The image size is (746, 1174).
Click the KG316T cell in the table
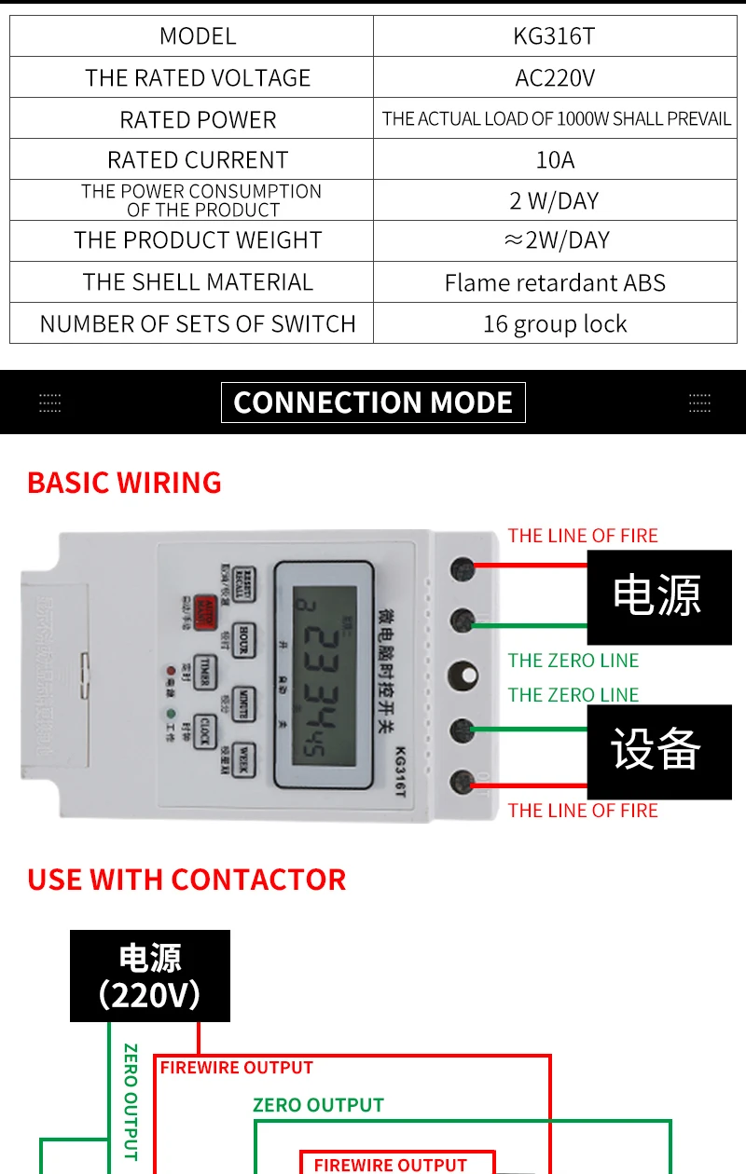point(555,36)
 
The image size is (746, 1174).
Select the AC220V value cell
point(555,77)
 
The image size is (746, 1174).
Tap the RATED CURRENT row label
point(198,159)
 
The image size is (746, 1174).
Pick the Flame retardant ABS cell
point(555,282)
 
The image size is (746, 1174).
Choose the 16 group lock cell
point(555,323)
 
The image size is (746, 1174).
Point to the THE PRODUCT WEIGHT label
point(198,240)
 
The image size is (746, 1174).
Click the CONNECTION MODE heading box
point(373,403)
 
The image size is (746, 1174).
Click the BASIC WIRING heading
point(124,483)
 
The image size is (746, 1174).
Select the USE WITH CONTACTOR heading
point(186,880)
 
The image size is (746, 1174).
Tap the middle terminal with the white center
point(463,675)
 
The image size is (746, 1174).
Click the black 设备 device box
point(658,751)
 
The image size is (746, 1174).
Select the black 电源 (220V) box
point(150,976)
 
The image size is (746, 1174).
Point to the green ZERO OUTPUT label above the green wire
point(318,1105)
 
